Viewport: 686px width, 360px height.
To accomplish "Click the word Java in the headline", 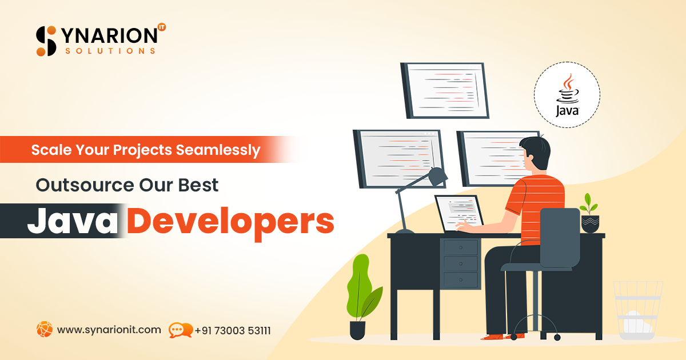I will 73,221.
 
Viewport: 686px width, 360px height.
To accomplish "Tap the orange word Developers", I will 230,222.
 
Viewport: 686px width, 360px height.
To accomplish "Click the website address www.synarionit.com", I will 109,330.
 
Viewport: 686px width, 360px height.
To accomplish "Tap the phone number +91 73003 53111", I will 233,330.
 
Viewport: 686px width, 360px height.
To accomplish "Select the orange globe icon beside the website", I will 44,329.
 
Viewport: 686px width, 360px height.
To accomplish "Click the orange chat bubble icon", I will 180,330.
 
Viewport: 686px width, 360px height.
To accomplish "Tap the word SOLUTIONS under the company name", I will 110,51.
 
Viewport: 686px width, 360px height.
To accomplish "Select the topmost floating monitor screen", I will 445,90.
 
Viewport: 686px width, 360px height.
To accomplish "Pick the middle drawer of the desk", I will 461,264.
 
